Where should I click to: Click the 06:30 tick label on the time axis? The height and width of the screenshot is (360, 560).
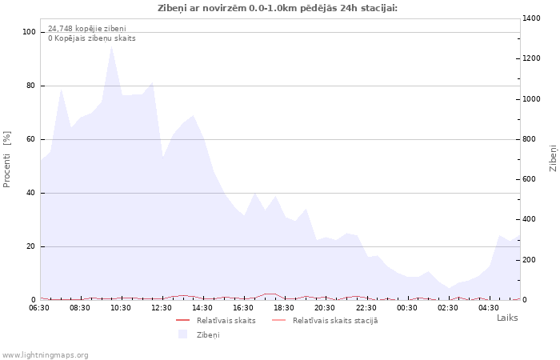click(39, 307)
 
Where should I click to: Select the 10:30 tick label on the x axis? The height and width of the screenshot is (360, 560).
click(121, 307)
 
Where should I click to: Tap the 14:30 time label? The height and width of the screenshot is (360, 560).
click(202, 307)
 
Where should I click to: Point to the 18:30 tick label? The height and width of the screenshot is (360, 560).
click(284, 307)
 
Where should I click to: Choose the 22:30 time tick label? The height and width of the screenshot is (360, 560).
click(366, 307)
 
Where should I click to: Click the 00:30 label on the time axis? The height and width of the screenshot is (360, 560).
click(406, 307)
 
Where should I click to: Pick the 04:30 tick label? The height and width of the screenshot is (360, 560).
click(488, 307)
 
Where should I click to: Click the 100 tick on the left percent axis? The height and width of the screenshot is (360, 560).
click(30, 32)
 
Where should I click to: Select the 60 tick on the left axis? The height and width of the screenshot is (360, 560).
click(32, 139)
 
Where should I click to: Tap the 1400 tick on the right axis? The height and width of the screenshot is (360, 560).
click(533, 18)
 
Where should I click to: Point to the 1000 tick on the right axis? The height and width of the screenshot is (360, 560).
click(533, 99)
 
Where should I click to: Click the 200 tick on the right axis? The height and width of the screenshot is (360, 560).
click(530, 260)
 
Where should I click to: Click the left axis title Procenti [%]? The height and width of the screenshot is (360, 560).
click(8, 159)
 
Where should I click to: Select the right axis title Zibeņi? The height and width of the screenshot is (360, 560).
click(553, 158)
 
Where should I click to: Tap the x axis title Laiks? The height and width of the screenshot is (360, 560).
click(507, 318)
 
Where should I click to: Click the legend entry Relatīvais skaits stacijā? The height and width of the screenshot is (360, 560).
click(334, 321)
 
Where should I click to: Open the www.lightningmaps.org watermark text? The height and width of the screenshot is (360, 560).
click(46, 355)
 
